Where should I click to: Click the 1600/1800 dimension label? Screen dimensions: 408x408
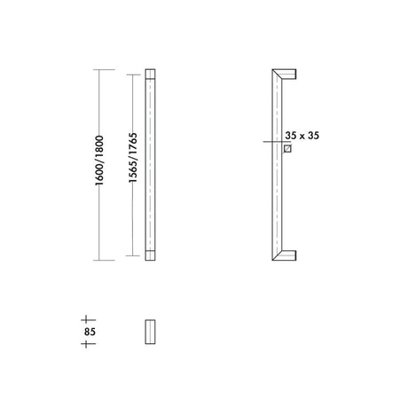99,161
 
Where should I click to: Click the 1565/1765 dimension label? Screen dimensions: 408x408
133,158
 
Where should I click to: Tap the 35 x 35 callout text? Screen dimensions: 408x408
302,136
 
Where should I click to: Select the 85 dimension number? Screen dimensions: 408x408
90,332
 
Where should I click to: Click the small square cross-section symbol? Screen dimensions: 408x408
287,149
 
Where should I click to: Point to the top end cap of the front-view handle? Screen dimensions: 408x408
150,74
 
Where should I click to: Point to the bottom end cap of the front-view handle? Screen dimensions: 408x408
150,255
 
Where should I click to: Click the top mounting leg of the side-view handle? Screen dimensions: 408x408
288,74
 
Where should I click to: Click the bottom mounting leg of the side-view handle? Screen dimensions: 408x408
288,255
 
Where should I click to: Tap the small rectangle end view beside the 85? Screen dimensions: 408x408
150,332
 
